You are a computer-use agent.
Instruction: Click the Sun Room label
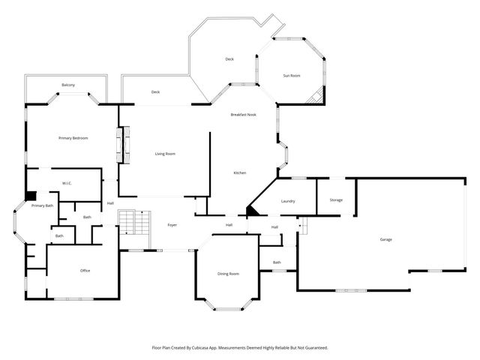(x=292, y=76)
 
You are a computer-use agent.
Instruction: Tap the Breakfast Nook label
(x=243, y=114)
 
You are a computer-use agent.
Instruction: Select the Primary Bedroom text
(x=74, y=138)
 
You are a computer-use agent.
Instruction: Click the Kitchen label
(x=239, y=173)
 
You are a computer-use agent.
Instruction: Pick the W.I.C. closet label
(x=66, y=183)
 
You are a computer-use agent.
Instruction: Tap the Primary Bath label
(x=42, y=205)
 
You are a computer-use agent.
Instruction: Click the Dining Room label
(x=228, y=274)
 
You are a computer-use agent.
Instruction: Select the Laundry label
(x=288, y=202)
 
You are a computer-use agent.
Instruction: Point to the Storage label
(x=335, y=199)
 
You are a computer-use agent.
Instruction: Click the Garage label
(x=385, y=239)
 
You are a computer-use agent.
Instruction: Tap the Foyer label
(x=172, y=225)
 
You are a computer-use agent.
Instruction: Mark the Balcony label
(x=68, y=85)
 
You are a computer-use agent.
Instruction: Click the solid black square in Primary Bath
(x=30, y=196)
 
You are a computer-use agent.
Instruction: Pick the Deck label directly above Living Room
(x=155, y=92)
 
